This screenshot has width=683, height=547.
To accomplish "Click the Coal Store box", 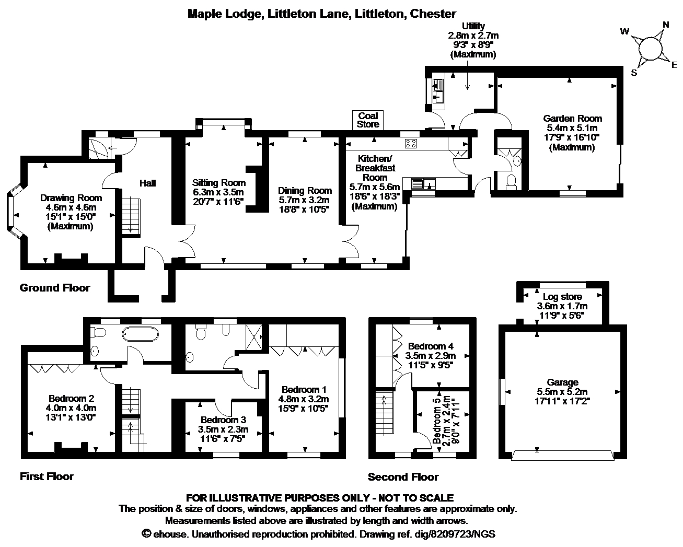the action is tap(367, 120).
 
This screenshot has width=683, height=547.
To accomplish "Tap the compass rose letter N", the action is tap(666, 25).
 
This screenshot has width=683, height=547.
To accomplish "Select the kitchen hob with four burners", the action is tap(411, 144).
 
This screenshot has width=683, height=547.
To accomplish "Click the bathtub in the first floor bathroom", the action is tap(140, 334).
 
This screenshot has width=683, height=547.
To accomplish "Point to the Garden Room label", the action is tap(572, 119).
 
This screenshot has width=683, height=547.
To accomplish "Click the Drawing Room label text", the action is tap(71, 197).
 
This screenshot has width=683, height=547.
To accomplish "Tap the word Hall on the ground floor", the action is tap(147, 183).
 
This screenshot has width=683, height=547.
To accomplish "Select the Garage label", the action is tap(562, 382).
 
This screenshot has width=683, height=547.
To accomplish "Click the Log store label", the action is tap(562, 297).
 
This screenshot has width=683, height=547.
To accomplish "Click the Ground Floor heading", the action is tap(55, 288).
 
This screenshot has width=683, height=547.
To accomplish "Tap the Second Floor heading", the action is tap(403, 476).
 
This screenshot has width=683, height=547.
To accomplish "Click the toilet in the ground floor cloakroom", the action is tap(511, 182).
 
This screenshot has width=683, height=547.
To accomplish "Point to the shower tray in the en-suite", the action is tap(254, 336).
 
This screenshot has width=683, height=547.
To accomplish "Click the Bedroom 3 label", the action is tap(224, 420).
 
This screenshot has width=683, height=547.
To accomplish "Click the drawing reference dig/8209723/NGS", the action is tap(455, 534).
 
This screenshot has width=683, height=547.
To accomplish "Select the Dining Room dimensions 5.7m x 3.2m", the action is tap(304, 200).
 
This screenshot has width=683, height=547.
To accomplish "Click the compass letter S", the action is tap(634, 73).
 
